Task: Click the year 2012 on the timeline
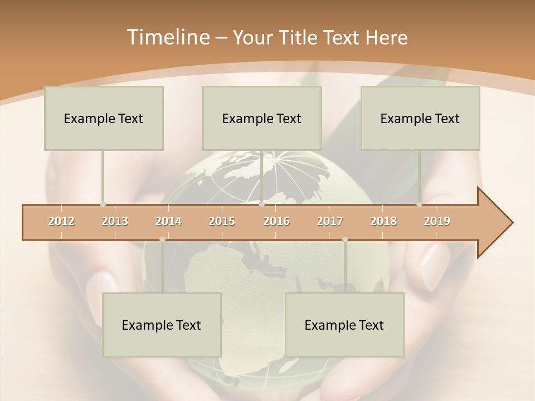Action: click(61, 221)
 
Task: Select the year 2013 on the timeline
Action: click(115, 221)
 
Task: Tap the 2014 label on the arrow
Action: click(168, 221)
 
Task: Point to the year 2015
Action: click(222, 221)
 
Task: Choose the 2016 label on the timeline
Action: click(276, 221)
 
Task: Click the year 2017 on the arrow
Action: click(330, 221)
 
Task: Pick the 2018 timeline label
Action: click(383, 221)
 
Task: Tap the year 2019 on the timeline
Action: click(437, 221)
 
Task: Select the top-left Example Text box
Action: click(104, 118)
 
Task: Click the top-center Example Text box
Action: click(262, 118)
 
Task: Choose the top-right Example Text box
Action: click(420, 118)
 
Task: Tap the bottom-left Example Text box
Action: click(162, 325)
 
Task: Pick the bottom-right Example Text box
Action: click(344, 325)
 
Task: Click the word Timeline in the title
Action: click(168, 37)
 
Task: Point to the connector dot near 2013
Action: click(103, 204)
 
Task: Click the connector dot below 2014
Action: click(162, 239)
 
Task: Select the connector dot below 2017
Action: click(345, 239)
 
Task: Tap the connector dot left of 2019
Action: click(420, 204)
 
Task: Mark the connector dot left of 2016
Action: click(261, 204)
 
